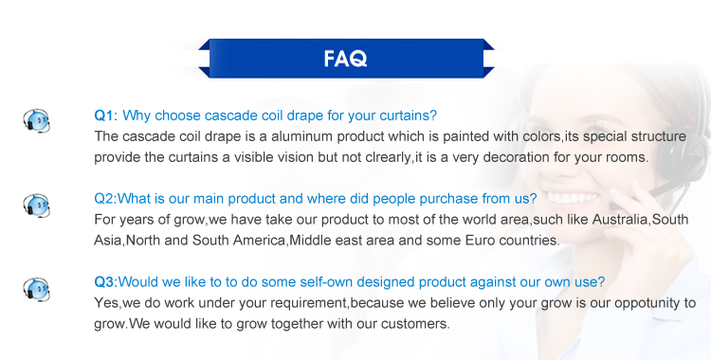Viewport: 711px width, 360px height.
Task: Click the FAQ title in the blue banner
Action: point(345,59)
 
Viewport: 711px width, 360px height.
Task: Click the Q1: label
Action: point(105,116)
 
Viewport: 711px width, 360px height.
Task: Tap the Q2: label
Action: point(105,199)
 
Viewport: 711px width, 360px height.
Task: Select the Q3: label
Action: point(105,282)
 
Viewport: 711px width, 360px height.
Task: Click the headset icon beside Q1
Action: point(36,120)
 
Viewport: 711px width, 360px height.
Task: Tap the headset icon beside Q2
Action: point(36,205)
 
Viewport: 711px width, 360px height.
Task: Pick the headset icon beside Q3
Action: point(36,289)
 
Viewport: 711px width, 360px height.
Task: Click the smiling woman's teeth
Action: point(573,198)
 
